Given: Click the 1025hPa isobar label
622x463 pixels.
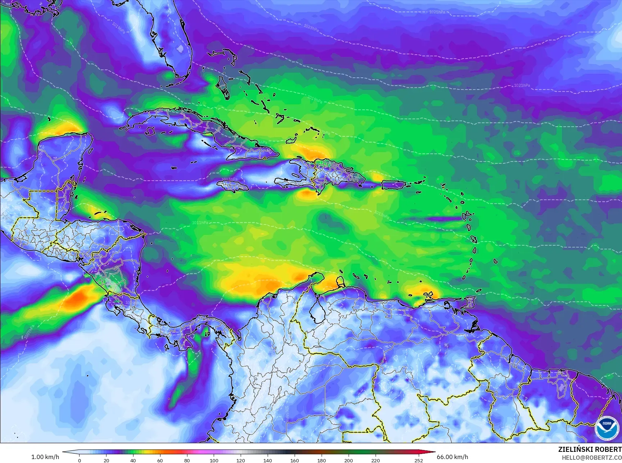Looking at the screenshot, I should point(437,12).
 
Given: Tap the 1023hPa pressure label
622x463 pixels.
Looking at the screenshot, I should point(311,27).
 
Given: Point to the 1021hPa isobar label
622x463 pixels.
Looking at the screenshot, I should point(522,85).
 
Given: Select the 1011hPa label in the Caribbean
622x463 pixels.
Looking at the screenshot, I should point(200,223).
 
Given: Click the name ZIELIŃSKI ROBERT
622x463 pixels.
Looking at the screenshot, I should point(590,449).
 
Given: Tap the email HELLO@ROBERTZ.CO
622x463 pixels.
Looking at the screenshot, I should point(592,457).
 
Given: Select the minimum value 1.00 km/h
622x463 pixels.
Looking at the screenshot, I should point(45,457).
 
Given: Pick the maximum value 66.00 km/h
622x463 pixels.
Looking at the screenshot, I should point(452,457).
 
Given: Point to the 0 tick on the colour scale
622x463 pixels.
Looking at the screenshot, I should point(80,460).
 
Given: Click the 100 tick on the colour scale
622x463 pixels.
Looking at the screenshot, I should point(214,460).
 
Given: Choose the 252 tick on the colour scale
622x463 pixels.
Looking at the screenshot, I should point(418,460).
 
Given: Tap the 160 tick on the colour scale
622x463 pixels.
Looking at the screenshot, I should point(295,460).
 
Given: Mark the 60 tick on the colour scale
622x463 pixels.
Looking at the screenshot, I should point(160,460).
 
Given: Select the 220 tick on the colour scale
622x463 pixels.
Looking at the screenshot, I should point(375,460).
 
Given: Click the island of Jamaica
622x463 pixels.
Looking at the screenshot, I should point(233,186).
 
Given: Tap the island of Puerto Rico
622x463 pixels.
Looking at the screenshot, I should point(393,185).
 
